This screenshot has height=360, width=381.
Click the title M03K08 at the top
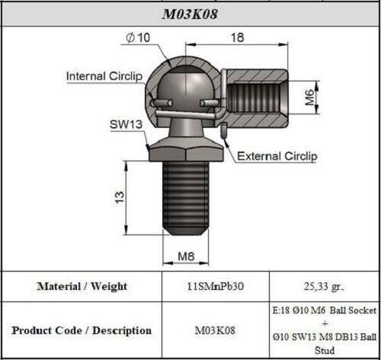[190, 13]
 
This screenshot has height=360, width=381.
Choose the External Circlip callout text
[277, 156]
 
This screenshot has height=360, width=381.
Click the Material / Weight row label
[82, 286]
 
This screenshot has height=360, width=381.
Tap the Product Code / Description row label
[82, 330]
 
